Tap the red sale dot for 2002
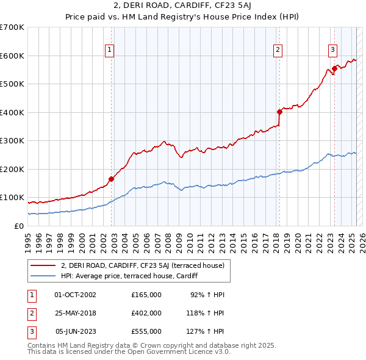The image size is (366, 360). [x=111, y=179]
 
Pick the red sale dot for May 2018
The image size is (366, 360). [x=279, y=112]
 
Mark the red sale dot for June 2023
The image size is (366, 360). [x=335, y=68]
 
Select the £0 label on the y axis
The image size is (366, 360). [x=19, y=226]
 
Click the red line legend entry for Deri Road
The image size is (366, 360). [x=143, y=265]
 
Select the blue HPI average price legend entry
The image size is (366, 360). [x=134, y=276]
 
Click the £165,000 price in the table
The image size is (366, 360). [x=146, y=295]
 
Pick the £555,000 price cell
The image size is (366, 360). [x=146, y=331]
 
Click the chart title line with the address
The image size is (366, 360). [x=182, y=7]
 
